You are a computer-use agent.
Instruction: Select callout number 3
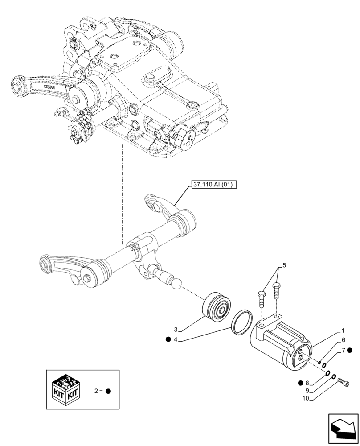[x=176, y=330]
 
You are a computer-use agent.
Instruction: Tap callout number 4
[x=176, y=340]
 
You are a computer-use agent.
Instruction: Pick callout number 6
[x=344, y=339]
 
